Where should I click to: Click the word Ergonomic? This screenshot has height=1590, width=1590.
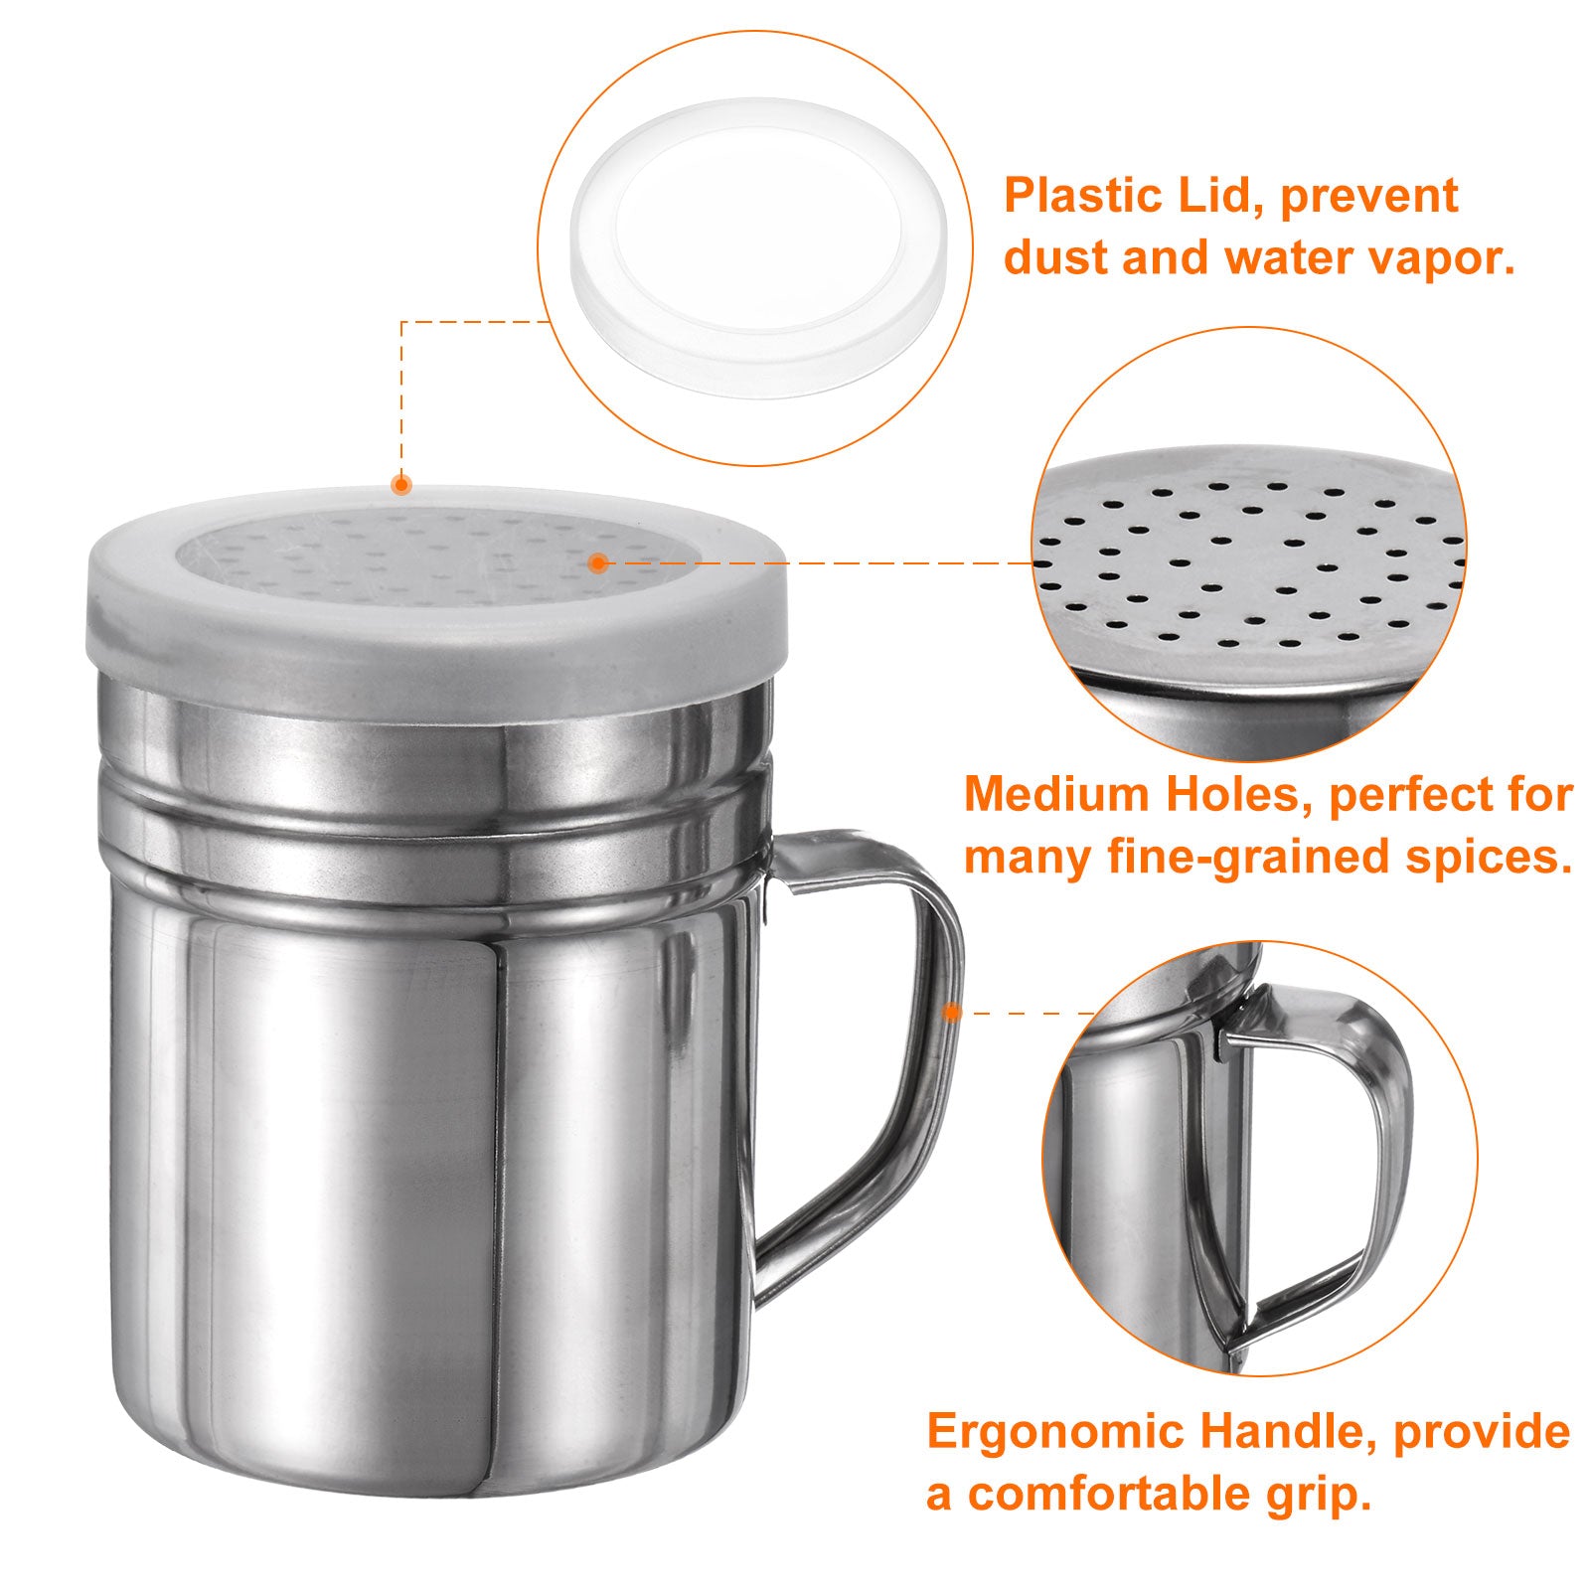(1057, 1434)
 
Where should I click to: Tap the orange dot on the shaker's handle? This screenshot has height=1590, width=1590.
(952, 1013)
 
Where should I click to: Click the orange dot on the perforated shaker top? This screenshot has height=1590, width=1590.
(597, 563)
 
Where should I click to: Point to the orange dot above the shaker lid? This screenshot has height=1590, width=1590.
(400, 485)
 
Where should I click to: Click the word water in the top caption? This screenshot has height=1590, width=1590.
(1283, 258)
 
